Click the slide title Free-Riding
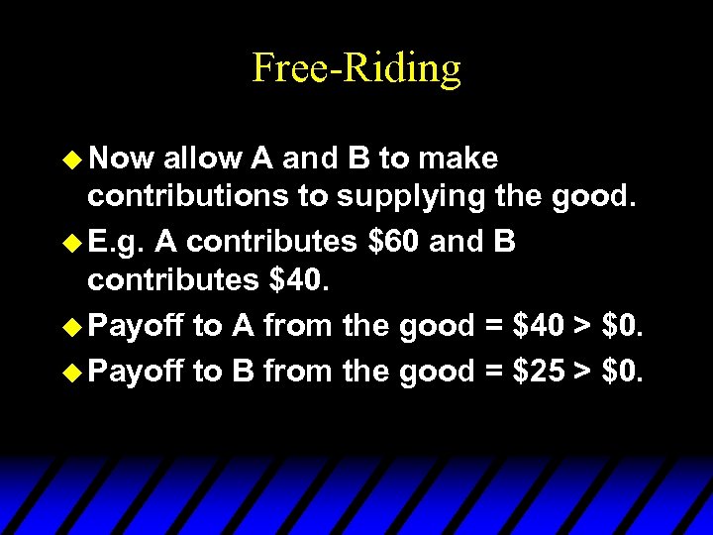click(x=356, y=68)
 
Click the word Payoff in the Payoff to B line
click(x=136, y=372)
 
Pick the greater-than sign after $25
click(x=584, y=372)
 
